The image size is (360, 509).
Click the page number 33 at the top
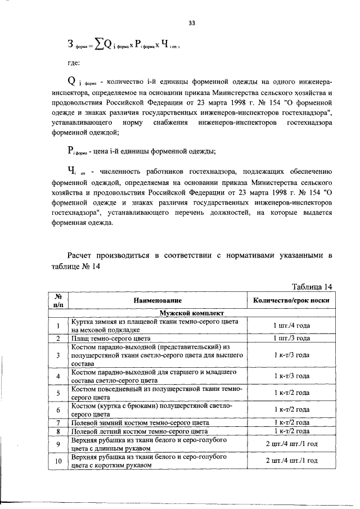[x=192, y=23]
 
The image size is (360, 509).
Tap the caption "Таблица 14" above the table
[x=308, y=287]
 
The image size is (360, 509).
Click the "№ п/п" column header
[x=57, y=301]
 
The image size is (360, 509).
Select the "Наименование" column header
[x=157, y=301]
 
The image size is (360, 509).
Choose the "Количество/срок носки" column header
[x=291, y=301]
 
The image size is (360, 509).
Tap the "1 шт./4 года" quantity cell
[x=291, y=326]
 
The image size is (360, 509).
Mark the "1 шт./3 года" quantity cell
[x=291, y=338]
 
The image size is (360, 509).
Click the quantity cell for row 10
[x=291, y=461]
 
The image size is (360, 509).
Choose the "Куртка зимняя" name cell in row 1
[x=155, y=326]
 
